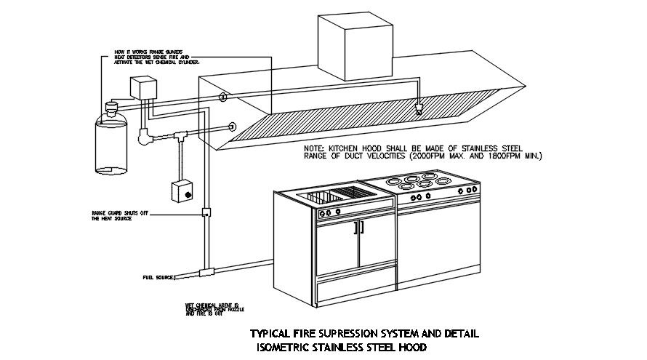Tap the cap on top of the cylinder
point(111,107)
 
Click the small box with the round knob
point(182,192)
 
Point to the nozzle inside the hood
point(419,110)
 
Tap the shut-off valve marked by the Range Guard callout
point(206,214)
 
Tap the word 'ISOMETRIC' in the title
point(293,347)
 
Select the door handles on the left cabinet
point(357,228)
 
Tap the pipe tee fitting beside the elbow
point(177,136)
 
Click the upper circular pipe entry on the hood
point(223,97)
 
